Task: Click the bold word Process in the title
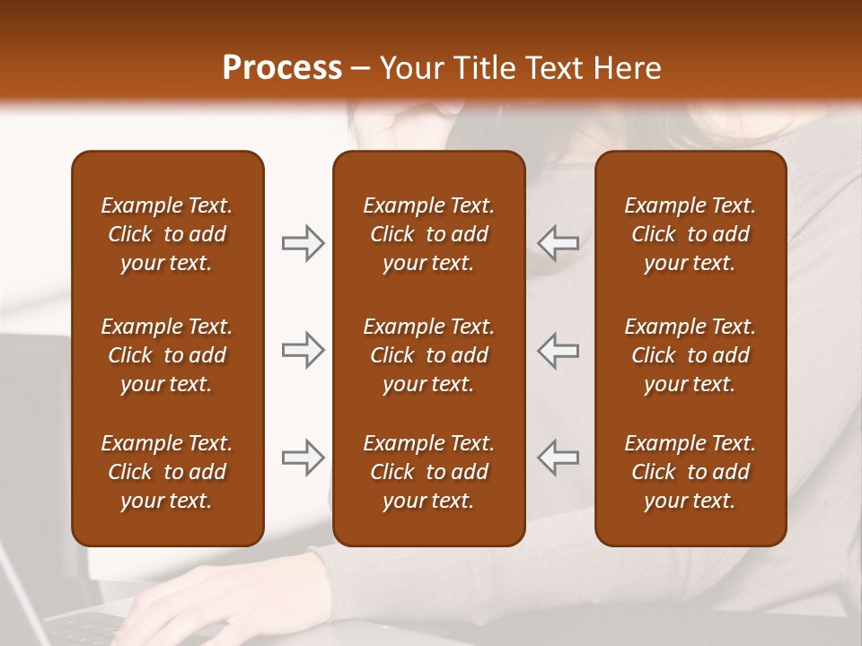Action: click(282, 68)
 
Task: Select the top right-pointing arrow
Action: click(303, 243)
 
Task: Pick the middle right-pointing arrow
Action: click(303, 350)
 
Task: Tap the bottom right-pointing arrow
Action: click(303, 458)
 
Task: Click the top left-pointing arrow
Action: click(559, 243)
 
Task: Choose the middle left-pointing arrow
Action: click(559, 350)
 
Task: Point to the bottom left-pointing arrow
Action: click(559, 458)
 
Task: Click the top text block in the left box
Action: click(167, 234)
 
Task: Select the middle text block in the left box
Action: click(167, 355)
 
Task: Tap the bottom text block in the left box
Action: click(167, 472)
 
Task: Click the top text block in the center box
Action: click(428, 234)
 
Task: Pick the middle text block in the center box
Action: click(428, 355)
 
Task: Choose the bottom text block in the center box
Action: click(428, 472)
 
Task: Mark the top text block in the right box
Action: click(690, 234)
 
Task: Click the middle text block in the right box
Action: click(690, 355)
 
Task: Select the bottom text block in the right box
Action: click(690, 472)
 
